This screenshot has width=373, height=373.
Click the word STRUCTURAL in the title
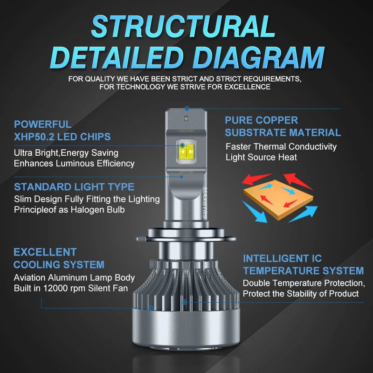point(183,27)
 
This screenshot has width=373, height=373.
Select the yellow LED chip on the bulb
point(186,152)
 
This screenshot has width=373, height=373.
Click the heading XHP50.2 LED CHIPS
point(62,137)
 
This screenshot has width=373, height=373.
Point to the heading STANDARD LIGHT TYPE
point(74,187)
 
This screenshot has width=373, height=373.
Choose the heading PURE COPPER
point(262,120)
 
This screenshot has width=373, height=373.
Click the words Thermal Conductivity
point(295,147)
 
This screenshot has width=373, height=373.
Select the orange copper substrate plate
point(278,199)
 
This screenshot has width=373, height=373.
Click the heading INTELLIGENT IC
point(283,259)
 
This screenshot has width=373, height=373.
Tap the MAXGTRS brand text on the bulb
point(205,202)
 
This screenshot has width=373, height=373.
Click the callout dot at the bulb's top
point(187,109)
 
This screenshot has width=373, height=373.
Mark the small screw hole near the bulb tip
point(186,118)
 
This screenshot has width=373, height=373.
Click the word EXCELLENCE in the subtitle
point(247,87)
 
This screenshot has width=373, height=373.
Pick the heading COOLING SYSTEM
point(59,265)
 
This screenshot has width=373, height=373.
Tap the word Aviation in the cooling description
point(29,277)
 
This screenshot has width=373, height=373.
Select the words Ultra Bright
point(36,153)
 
